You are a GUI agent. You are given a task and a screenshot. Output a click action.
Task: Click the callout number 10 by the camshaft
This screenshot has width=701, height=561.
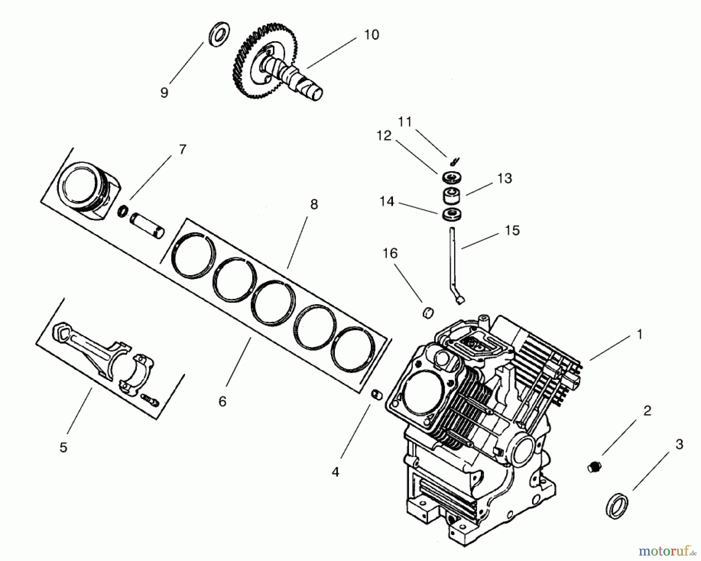371,35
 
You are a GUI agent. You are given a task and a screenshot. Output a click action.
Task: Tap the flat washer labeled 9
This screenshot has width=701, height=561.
220,34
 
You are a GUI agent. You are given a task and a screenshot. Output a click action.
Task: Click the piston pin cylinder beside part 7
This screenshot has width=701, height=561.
148,226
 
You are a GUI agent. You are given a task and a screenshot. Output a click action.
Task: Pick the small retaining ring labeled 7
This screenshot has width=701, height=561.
123,211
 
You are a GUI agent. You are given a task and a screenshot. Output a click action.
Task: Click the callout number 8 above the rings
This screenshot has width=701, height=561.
314,204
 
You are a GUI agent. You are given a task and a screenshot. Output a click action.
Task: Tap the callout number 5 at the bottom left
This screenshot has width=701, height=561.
63,447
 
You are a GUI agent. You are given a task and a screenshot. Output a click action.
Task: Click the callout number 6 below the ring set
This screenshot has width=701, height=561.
222,401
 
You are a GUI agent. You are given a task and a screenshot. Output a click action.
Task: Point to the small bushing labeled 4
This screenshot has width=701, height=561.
377,395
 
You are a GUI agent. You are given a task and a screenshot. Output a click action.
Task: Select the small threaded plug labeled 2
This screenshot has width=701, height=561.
594,466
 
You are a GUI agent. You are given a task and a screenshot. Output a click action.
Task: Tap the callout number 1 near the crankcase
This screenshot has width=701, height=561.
639,335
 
